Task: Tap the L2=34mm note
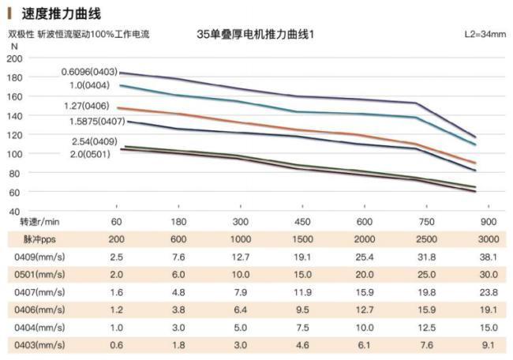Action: (483, 35)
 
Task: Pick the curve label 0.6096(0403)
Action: (89, 72)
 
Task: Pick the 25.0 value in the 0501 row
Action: (425, 274)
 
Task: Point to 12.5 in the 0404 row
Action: (425, 328)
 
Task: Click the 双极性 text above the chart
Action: (21, 34)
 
